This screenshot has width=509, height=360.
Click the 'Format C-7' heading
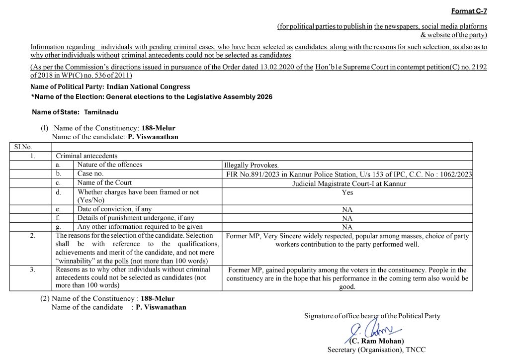pyautogui.click(x=469, y=11)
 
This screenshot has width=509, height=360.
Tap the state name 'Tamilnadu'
pyautogui.click(x=101, y=112)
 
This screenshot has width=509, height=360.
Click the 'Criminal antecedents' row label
pyautogui.click(x=86, y=156)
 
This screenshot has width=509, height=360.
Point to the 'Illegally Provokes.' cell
pyautogui.click(x=252, y=165)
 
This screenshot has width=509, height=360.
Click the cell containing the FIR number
pyautogui.click(x=348, y=174)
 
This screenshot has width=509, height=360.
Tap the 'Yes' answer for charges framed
pyautogui.click(x=347, y=192)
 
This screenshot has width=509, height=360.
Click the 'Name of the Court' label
pyautogui.click(x=104, y=182)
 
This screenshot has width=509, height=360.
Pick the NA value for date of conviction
pyautogui.click(x=347, y=209)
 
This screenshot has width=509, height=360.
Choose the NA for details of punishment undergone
pyautogui.click(x=347, y=218)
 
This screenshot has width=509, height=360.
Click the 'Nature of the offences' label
pyautogui.click(x=109, y=165)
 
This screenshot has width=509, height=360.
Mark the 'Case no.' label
pyautogui.click(x=90, y=174)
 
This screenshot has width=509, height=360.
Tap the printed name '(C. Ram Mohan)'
pyautogui.click(x=376, y=341)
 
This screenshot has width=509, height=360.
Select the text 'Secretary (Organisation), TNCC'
pyautogui.click(x=376, y=350)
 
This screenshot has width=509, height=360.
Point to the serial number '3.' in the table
pyautogui.click(x=32, y=270)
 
